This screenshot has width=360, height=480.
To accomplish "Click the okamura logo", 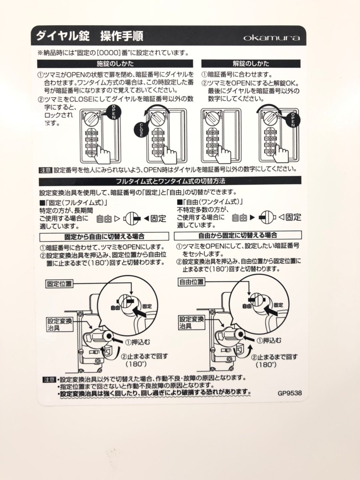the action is click(x=271, y=37).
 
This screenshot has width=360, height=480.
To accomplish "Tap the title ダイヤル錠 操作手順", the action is click(x=90, y=36).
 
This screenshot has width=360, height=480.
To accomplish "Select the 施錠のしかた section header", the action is click(x=115, y=64).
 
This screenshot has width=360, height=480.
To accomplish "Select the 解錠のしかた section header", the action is click(x=251, y=64).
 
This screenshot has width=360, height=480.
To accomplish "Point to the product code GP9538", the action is click(x=289, y=393).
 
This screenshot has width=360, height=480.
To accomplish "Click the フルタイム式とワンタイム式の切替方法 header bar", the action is click(x=170, y=181).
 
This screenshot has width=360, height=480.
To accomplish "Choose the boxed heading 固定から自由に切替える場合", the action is click(x=104, y=236).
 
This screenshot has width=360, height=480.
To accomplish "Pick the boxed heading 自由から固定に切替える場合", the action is click(x=238, y=235).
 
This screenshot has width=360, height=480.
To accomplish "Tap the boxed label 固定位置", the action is click(x=59, y=284).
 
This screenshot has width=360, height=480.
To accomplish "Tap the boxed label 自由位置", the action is click(x=192, y=282).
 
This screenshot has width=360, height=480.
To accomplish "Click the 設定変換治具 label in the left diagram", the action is click(x=60, y=324).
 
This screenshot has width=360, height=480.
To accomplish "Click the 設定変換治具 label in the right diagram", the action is click(x=192, y=322).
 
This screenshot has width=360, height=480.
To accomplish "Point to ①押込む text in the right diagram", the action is click(x=268, y=340).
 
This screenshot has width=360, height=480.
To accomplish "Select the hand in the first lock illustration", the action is click(x=103, y=154).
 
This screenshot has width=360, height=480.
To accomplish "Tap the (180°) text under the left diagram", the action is click(x=136, y=364).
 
